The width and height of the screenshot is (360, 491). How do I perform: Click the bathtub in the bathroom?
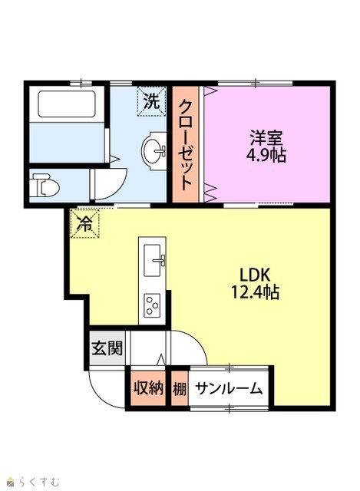(67, 104)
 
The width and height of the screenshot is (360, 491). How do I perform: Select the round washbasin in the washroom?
(154, 151)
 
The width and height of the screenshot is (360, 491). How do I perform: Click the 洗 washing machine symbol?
(151, 101)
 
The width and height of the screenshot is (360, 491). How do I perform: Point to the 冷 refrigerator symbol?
(84, 223)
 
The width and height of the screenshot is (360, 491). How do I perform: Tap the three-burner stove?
(152, 305)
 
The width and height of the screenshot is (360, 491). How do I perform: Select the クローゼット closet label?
(185, 145)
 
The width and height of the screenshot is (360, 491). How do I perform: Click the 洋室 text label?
(266, 138)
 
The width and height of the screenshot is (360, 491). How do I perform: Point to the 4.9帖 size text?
(266, 155)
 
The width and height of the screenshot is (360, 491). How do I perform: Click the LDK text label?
(255, 275)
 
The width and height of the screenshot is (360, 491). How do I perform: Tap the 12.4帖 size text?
(255, 292)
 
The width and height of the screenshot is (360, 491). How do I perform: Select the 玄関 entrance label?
(107, 348)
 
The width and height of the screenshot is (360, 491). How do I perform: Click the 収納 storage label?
(148, 388)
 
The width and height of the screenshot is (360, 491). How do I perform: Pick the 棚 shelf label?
(180, 389)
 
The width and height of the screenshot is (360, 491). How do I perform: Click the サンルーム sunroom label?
(229, 389)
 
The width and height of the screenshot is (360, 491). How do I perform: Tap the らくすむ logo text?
(38, 481)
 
